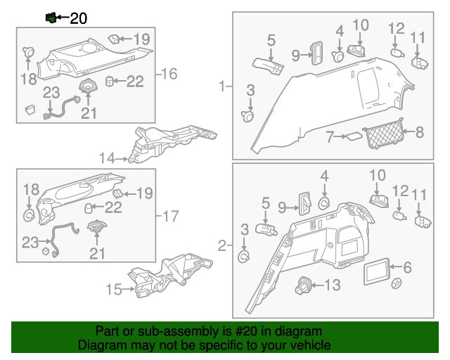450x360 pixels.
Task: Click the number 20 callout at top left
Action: point(78,18)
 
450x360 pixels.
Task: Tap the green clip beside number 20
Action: point(51,18)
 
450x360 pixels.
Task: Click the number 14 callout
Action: point(106,158)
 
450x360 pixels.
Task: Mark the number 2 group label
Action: point(223,245)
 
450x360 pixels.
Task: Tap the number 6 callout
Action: point(407,267)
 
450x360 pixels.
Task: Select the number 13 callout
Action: point(332,285)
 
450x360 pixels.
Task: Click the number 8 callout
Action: point(420,131)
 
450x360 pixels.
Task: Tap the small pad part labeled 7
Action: point(353,137)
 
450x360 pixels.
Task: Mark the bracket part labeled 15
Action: point(169,274)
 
